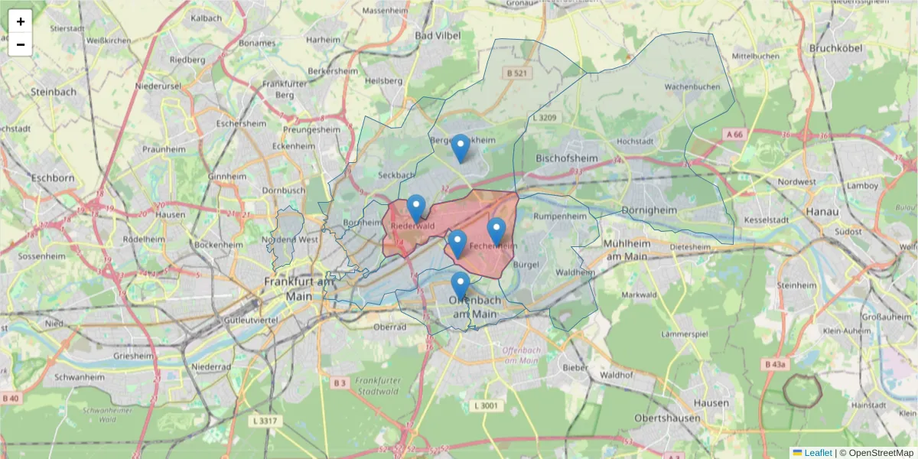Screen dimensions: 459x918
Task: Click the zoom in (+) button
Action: [21, 21]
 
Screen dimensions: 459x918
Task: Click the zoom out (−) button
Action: [21, 44]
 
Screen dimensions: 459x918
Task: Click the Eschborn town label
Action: [53, 178]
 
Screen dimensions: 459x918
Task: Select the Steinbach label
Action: [54, 92]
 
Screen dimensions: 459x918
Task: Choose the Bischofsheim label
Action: [567, 158]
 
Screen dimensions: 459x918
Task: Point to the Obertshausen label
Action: [667, 418]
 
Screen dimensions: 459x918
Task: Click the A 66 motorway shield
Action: [734, 135]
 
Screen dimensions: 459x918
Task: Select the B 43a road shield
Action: [775, 365]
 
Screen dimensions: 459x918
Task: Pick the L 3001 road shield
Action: [485, 405]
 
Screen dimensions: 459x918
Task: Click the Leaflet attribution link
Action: [818, 453]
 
